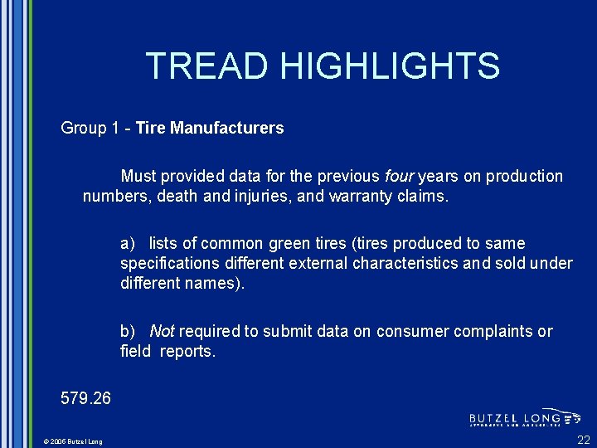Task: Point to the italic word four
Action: tap(399, 176)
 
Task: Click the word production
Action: tap(524, 176)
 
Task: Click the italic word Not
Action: tap(162, 331)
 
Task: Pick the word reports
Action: tap(187, 352)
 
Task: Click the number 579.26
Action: tap(85, 398)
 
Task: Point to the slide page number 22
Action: tap(584, 440)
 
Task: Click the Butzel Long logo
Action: tap(524, 418)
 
